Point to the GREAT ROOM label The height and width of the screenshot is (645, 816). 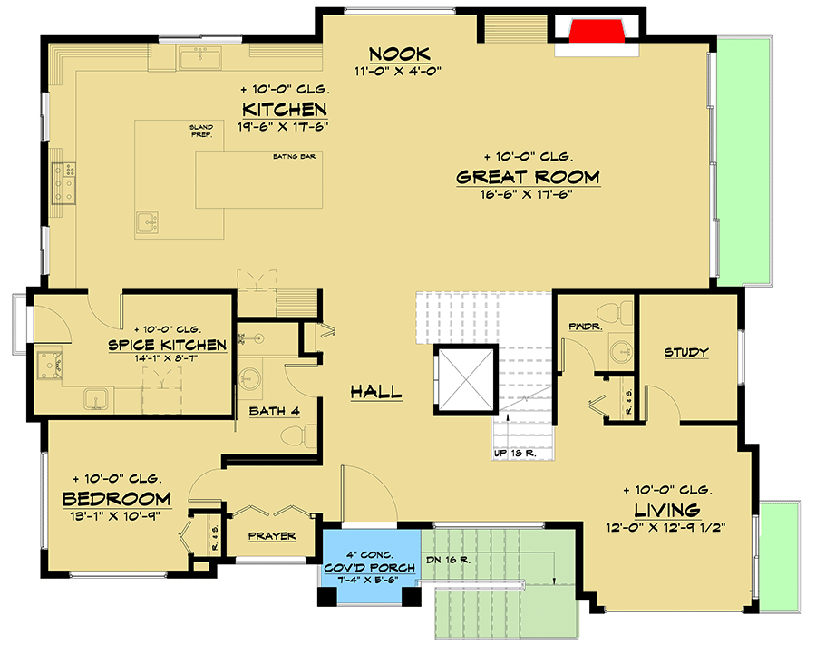pyautogui.click(x=528, y=176)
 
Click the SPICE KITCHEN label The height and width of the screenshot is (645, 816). pyautogui.click(x=167, y=345)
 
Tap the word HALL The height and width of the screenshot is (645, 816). pyautogui.click(x=376, y=392)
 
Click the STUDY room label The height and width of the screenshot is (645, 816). pyautogui.click(x=685, y=352)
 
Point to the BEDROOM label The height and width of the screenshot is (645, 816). pyautogui.click(x=116, y=499)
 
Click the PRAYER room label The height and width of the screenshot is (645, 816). pyautogui.click(x=272, y=536)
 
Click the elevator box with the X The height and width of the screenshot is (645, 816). pyautogui.click(x=465, y=378)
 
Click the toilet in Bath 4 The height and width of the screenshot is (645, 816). pyautogui.click(x=296, y=436)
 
